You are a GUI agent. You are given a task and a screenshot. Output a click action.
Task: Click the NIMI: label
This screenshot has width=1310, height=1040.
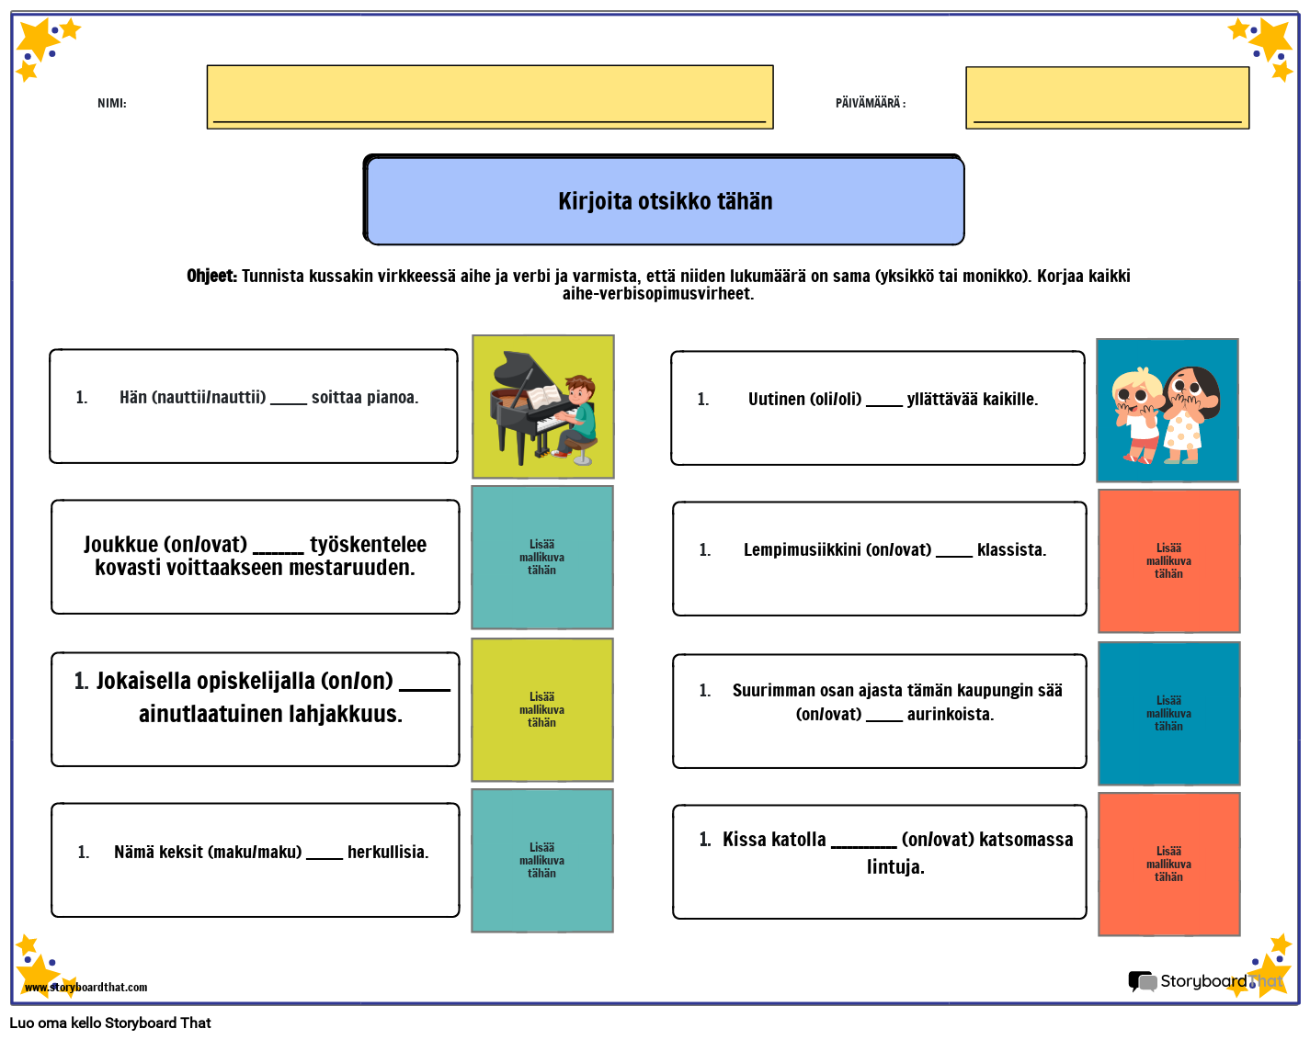point(111,103)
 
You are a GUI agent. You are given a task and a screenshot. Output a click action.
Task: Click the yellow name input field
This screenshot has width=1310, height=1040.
point(489,96)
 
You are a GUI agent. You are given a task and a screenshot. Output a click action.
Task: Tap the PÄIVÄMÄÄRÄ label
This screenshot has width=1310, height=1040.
point(870,103)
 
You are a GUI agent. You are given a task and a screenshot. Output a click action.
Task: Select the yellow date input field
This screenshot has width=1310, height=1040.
point(1107,97)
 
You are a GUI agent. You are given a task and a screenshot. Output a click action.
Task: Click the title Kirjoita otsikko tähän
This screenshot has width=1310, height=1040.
point(665,201)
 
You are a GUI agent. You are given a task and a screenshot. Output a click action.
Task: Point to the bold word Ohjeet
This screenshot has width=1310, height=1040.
point(211,276)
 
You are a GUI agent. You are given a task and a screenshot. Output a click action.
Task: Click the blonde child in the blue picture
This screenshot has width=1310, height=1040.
point(1137,413)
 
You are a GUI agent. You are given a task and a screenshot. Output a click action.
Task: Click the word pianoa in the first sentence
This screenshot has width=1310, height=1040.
point(392,397)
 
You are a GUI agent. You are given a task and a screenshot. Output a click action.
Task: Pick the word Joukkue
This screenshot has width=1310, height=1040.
point(120,544)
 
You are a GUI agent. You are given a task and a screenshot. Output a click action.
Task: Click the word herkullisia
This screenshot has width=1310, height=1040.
point(387,852)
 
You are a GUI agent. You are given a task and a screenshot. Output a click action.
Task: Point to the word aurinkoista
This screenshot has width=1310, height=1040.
point(950,714)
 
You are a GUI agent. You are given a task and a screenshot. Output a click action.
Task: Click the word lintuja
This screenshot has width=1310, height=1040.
point(894,866)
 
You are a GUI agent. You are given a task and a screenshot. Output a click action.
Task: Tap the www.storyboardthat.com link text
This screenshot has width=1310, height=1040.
point(86,987)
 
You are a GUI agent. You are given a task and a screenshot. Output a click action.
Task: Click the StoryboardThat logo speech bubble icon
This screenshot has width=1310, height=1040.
point(1142,981)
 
